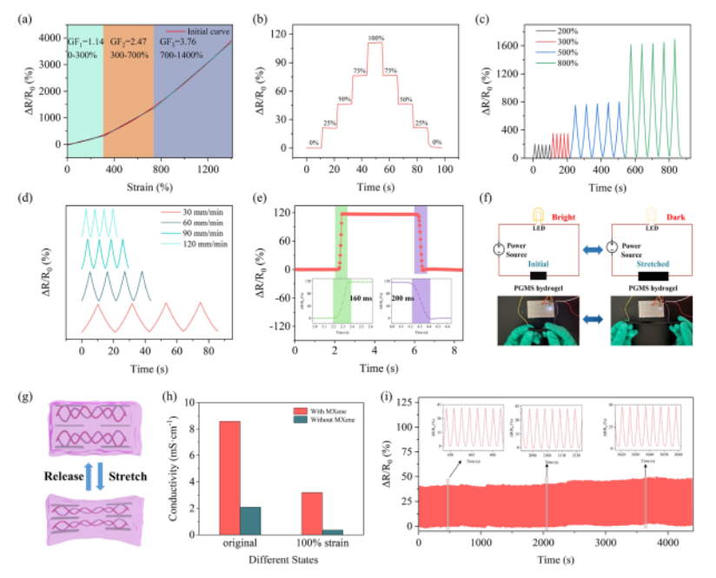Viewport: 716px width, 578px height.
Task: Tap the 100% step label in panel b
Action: tap(376, 37)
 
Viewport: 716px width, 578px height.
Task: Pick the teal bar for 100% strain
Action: tap(332, 531)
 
